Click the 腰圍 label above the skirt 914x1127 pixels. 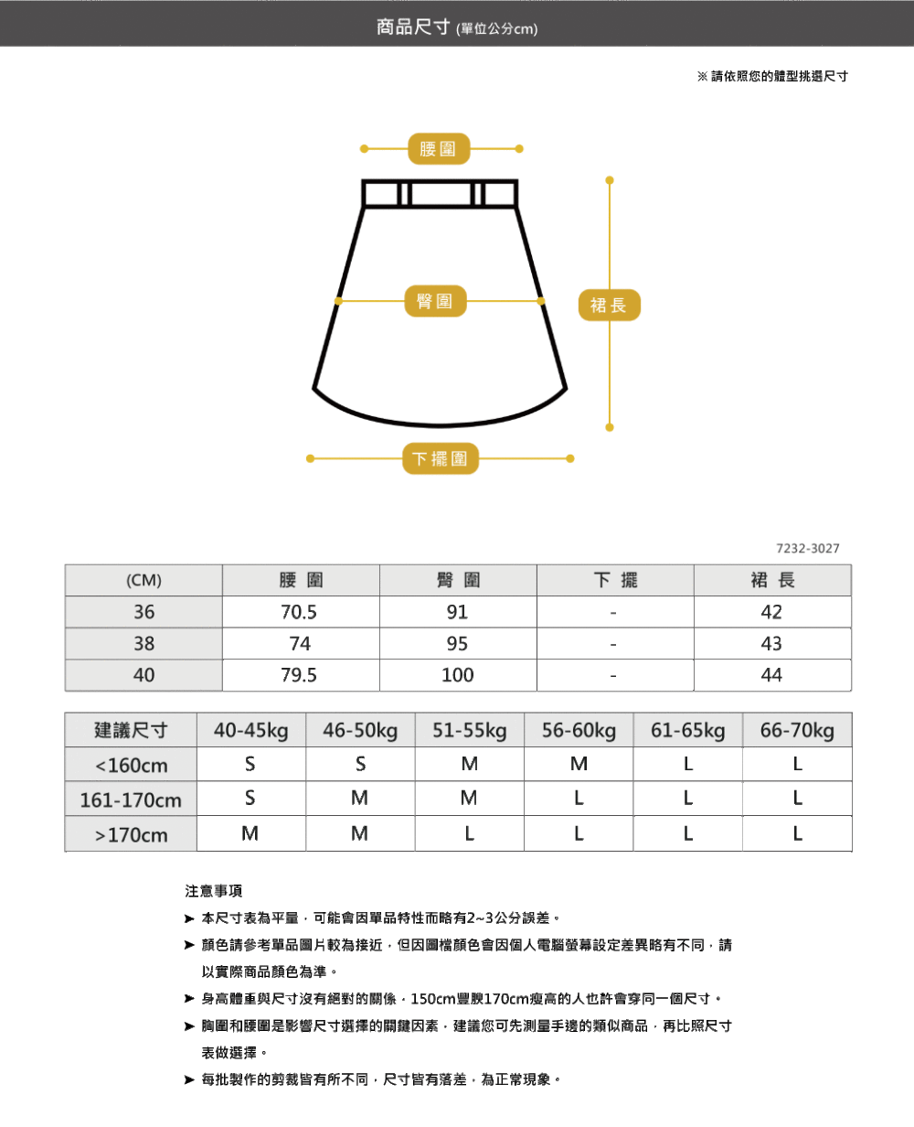[439, 148]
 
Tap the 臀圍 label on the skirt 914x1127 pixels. [435, 301]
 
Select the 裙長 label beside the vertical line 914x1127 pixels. [609, 305]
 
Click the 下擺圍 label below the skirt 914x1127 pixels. [440, 458]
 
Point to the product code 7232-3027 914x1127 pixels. [807, 548]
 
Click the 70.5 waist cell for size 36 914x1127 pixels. [300, 612]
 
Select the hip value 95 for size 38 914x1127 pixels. [458, 644]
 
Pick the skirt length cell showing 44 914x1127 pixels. [771, 675]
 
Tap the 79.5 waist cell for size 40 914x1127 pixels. [300, 675]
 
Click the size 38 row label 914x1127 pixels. [143, 644]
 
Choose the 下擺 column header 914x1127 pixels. [615, 580]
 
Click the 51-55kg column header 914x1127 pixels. [469, 731]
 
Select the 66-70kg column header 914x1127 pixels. [797, 731]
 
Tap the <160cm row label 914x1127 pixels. [132, 765]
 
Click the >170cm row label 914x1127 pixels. [132, 834]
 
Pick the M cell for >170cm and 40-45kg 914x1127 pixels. [250, 833]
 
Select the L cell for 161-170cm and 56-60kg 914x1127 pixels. [579, 799]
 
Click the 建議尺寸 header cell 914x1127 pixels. [132, 731]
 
